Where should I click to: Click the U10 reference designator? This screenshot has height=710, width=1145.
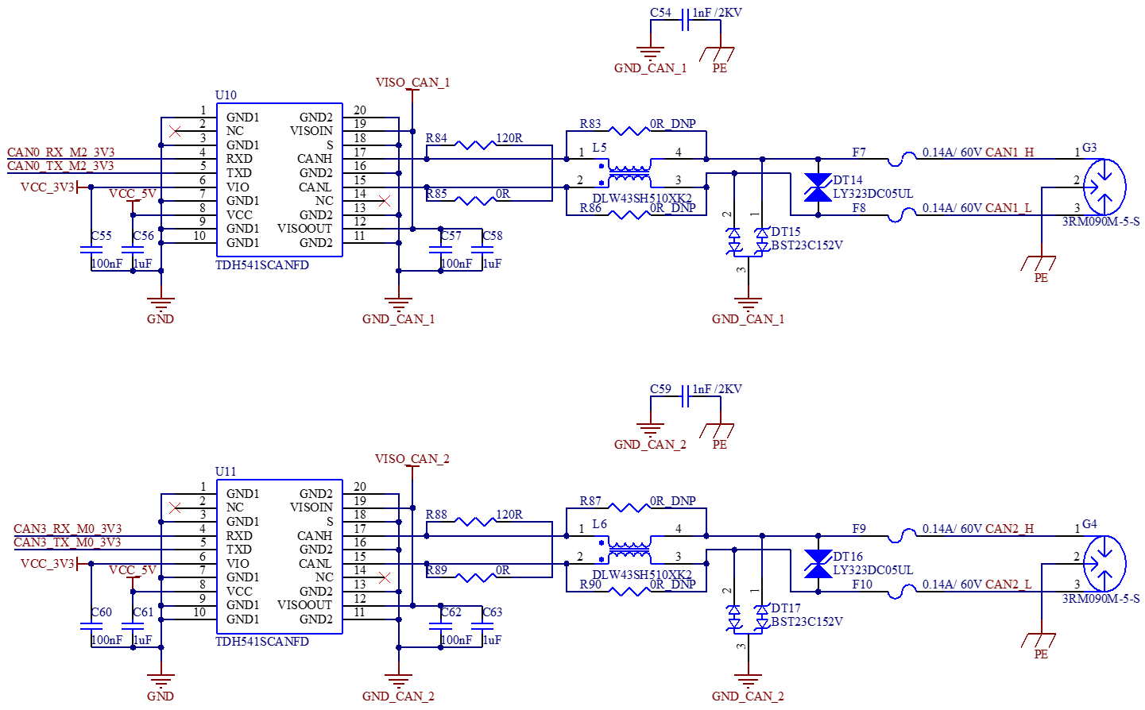click(x=226, y=95)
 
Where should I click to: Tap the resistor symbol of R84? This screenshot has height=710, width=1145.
click(x=475, y=145)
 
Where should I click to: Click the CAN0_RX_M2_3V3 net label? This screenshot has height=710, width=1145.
click(x=61, y=152)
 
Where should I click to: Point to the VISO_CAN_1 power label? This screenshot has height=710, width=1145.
click(x=412, y=83)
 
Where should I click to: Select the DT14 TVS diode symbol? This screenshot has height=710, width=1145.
click(x=818, y=187)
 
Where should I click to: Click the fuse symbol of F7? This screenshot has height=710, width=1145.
click(x=902, y=159)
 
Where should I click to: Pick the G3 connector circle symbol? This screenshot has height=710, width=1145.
click(x=1104, y=187)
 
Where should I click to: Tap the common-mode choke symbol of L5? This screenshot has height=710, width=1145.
click(x=629, y=173)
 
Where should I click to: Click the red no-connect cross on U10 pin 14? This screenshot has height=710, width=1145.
click(x=385, y=201)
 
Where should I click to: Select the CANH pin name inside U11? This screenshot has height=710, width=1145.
click(x=315, y=536)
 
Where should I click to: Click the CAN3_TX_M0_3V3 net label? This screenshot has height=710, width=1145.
click(x=68, y=542)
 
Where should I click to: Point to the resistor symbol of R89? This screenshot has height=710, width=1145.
click(x=475, y=577)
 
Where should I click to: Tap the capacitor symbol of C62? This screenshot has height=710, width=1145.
click(x=441, y=627)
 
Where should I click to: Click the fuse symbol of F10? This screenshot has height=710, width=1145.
click(x=902, y=592)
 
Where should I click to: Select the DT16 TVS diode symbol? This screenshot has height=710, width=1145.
click(x=818, y=564)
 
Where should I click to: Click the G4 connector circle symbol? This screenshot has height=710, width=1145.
click(x=1104, y=563)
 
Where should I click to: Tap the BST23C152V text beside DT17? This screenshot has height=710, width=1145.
click(x=807, y=622)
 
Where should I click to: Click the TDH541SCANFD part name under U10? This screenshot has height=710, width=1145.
click(x=262, y=265)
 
